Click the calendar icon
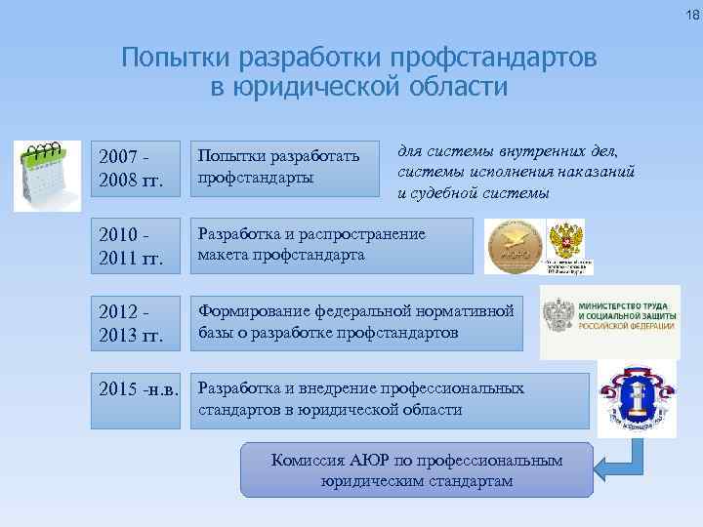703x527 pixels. coord(47,176)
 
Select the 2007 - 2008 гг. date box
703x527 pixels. coord(136,167)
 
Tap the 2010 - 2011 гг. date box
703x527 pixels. coord(136,245)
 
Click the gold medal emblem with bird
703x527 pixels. coord(515,246)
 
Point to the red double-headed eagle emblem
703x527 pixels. coord(566,240)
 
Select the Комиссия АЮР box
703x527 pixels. coord(416,469)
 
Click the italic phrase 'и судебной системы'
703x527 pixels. coord(473,192)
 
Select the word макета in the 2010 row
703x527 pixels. coord(225,255)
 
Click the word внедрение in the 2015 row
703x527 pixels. coord(381,388)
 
